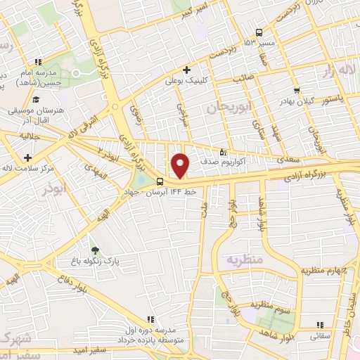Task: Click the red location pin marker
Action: click(x=181, y=165)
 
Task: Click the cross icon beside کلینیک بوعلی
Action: click(x=186, y=70)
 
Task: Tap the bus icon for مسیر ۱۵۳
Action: click(x=259, y=32)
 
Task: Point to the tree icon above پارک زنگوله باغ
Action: click(x=94, y=250)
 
